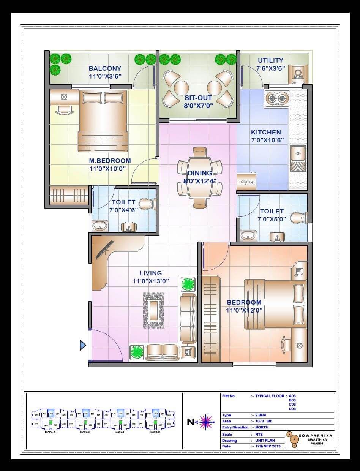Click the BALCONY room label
(x=105, y=68)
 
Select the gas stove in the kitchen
(x=276, y=99)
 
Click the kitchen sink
(x=298, y=159)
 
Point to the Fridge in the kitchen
(x=246, y=182)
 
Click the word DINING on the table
(x=200, y=174)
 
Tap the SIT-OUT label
(x=198, y=98)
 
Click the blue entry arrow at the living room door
(x=83, y=345)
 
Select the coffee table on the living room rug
(x=154, y=310)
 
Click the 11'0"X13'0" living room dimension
(x=150, y=281)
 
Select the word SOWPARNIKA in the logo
(x=316, y=435)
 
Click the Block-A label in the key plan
(x=50, y=432)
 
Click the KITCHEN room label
(x=266, y=132)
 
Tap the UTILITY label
(x=270, y=60)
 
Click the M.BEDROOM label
(x=110, y=161)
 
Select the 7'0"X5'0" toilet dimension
(x=272, y=219)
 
